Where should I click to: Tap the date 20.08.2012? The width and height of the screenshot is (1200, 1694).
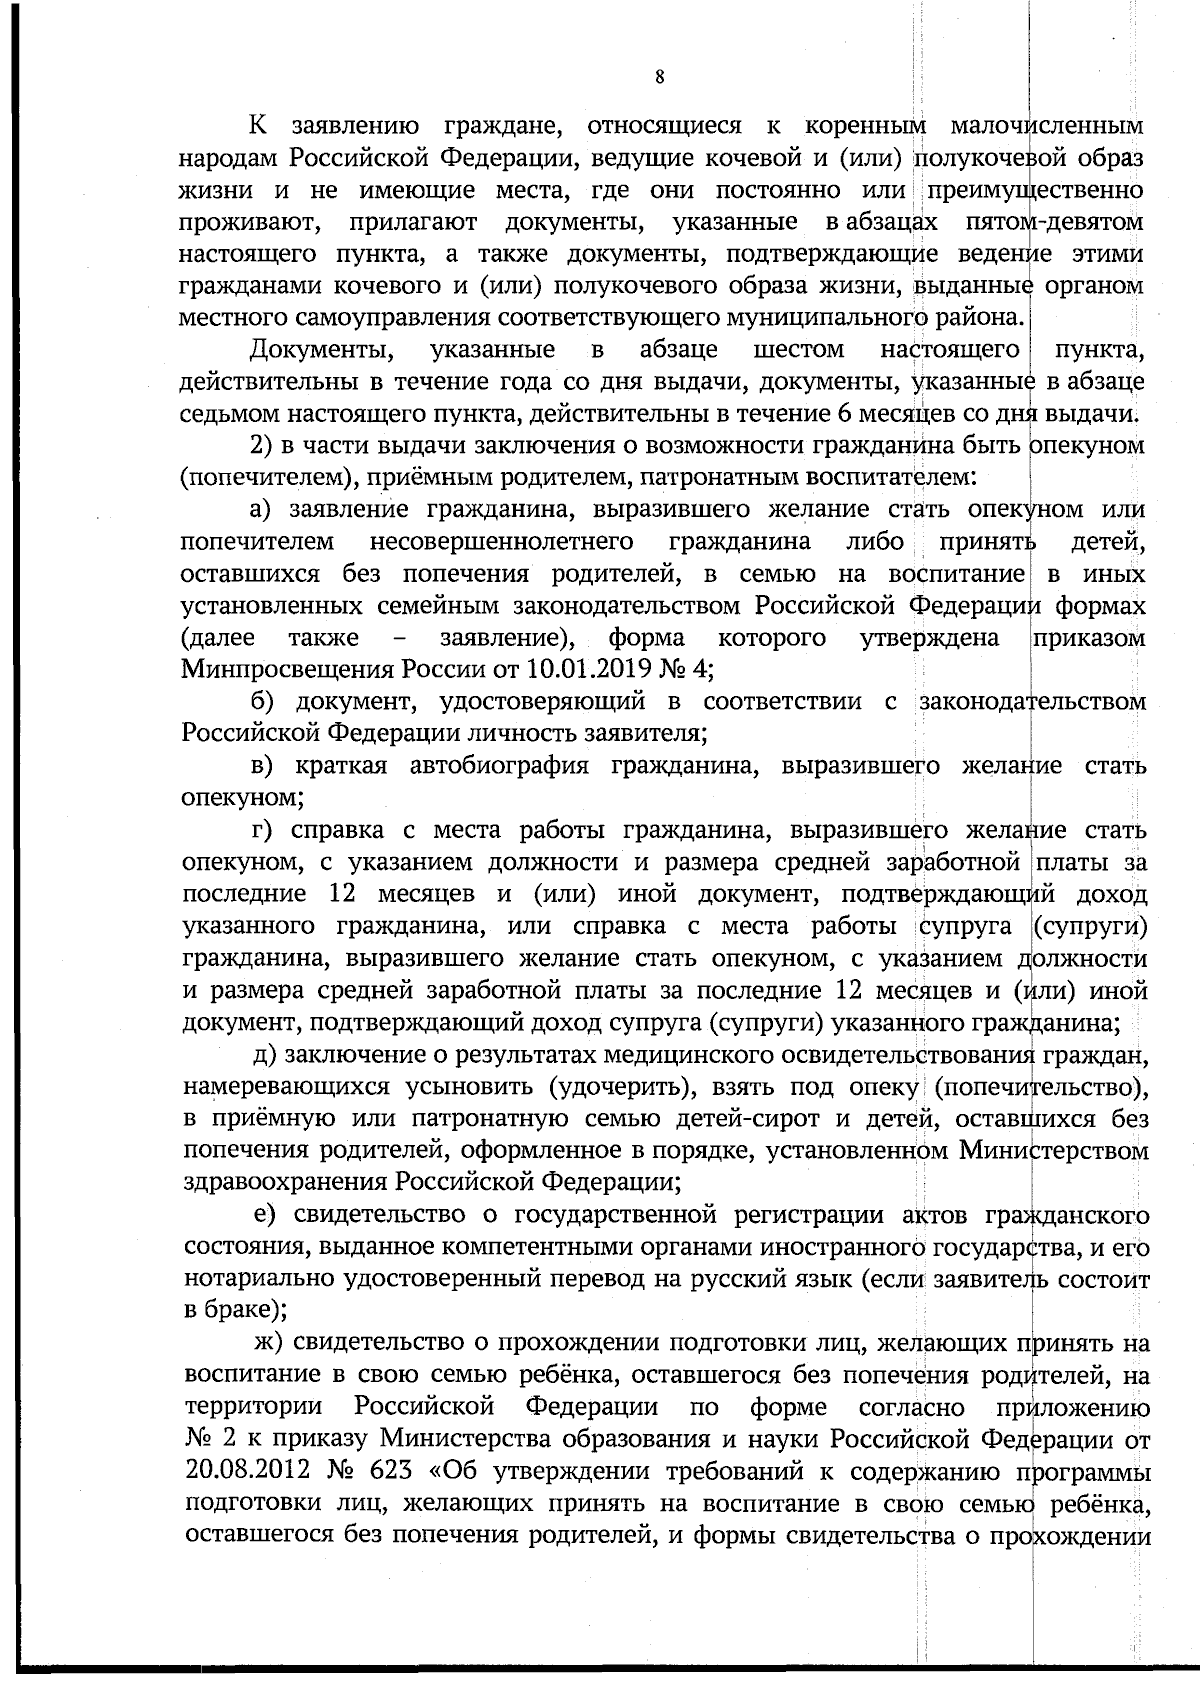240,1472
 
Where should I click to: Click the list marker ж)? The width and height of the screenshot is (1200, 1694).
269,1343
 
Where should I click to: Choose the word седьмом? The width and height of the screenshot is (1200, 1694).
222,414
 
